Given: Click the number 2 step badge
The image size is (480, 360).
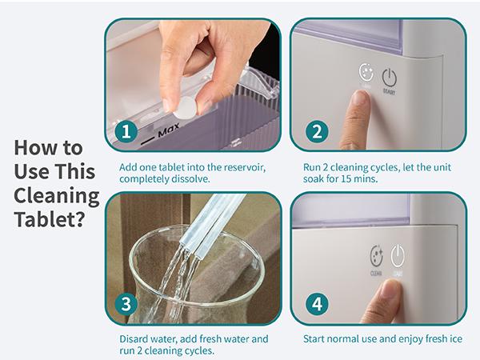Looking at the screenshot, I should [318, 130].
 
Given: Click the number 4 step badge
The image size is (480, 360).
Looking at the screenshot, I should [318, 305].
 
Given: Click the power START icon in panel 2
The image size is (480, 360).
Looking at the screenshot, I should [389, 78].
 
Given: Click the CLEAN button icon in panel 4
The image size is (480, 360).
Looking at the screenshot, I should [376, 257].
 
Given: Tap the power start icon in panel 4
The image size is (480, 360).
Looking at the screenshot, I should [398, 256].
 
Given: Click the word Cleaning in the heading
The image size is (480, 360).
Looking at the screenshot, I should [56, 194].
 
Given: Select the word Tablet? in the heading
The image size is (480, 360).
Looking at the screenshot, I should [50, 218].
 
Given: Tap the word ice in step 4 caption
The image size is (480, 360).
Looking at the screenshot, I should [455, 339].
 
